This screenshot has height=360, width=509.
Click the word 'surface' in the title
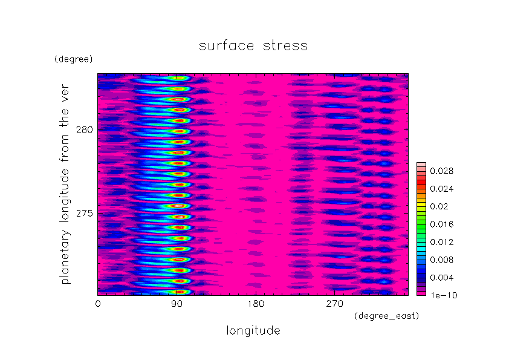(226, 46)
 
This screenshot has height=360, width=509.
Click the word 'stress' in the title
(285, 46)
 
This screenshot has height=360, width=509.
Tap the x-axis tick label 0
(98, 304)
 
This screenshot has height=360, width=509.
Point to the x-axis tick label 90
(177, 304)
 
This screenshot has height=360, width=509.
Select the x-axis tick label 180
(256, 304)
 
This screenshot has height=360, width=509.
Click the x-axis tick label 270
(335, 304)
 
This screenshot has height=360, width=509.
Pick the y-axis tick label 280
(85, 130)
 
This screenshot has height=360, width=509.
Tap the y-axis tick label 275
(85, 214)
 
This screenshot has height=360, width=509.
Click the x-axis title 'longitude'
(253, 331)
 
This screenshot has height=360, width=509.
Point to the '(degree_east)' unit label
(387, 316)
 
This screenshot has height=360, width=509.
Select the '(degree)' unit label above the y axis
(74, 59)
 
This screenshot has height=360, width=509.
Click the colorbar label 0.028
(441, 171)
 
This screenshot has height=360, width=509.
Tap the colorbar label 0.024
(441, 189)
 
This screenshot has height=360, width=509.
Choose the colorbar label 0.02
(439, 207)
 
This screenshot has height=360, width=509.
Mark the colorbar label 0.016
(441, 224)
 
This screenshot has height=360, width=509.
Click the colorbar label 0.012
(441, 242)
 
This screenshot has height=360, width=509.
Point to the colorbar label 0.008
(441, 260)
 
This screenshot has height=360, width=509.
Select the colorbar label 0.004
(441, 278)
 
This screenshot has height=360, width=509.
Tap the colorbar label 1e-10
(444, 295)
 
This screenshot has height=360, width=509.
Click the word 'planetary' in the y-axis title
(65, 257)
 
